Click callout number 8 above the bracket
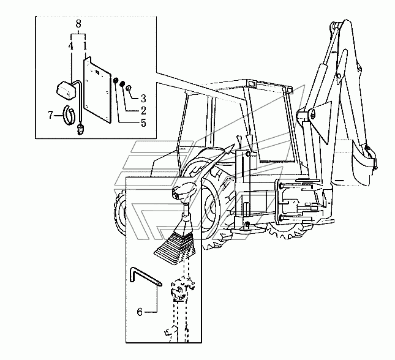(78, 24)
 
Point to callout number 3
(143, 98)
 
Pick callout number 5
(143, 123)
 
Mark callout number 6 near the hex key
(139, 312)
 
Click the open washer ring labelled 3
(129, 89)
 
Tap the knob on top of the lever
(183, 193)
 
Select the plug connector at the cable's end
(80, 129)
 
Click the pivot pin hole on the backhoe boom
(312, 113)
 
